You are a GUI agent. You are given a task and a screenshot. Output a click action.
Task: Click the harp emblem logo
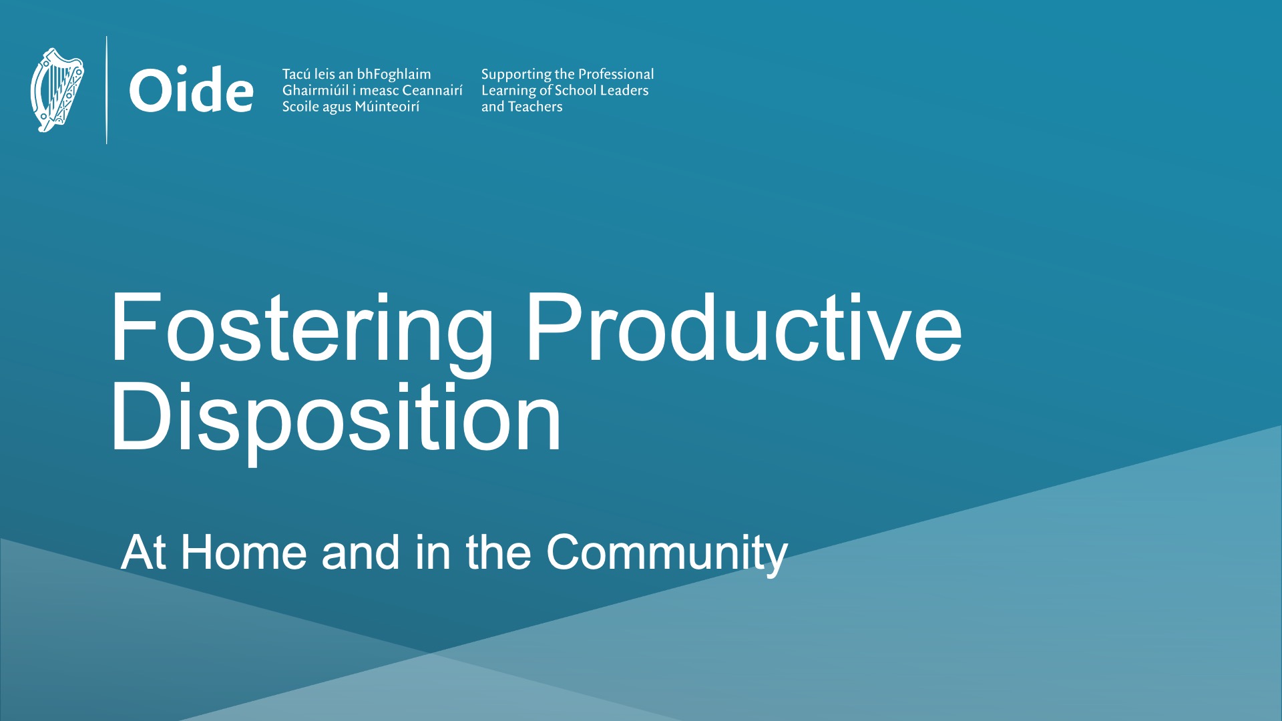coord(57,89)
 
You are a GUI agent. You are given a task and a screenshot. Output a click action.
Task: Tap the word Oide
coord(191,90)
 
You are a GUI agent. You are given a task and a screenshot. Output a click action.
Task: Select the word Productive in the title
coord(744,327)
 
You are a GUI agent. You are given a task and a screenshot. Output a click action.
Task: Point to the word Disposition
coord(336,419)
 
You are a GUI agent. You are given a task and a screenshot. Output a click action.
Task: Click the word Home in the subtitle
coord(244,552)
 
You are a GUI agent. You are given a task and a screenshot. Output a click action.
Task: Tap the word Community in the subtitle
coord(667,554)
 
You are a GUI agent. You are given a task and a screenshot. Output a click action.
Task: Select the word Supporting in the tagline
coord(516,75)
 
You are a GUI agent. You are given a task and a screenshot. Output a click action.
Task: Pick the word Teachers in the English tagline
coord(536,107)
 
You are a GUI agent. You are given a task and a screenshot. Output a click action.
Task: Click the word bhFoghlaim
coord(394,75)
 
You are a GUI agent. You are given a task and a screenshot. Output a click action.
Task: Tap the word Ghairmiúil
coord(315,90)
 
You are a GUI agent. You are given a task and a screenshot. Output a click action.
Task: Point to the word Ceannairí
coord(433,90)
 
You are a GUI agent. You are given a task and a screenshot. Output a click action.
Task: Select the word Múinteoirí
coord(387,107)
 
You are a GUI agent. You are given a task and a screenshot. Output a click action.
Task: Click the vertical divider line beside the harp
coord(107,90)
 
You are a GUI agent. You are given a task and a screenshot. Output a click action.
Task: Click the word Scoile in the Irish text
coord(300,107)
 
